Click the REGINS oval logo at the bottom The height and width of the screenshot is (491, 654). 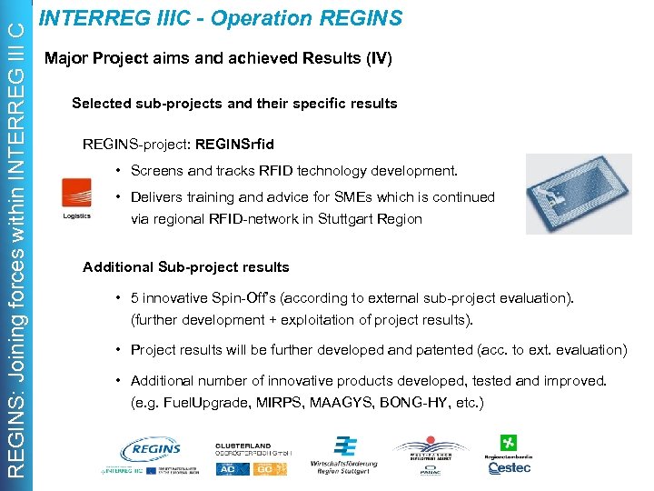151,449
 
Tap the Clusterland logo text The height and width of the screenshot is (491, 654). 246,446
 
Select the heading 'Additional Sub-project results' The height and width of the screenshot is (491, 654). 185,267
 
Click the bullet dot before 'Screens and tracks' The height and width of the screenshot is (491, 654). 119,171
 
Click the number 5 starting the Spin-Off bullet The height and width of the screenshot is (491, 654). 135,298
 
